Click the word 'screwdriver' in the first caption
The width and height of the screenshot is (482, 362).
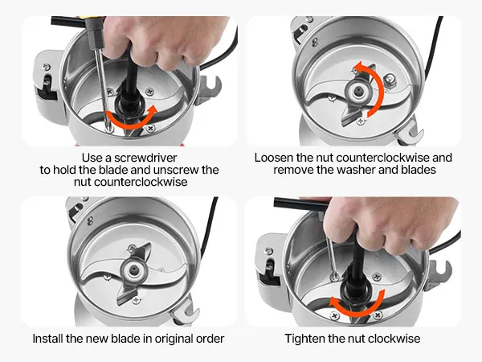(145, 158)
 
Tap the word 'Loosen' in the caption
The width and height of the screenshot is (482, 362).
(274, 158)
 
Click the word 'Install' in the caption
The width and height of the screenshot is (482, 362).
(47, 339)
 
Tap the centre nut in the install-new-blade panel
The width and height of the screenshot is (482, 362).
(134, 270)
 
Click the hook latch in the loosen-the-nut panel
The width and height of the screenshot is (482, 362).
(410, 133)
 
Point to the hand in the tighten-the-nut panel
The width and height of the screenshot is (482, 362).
(390, 224)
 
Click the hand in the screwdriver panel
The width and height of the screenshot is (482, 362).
(164, 39)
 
